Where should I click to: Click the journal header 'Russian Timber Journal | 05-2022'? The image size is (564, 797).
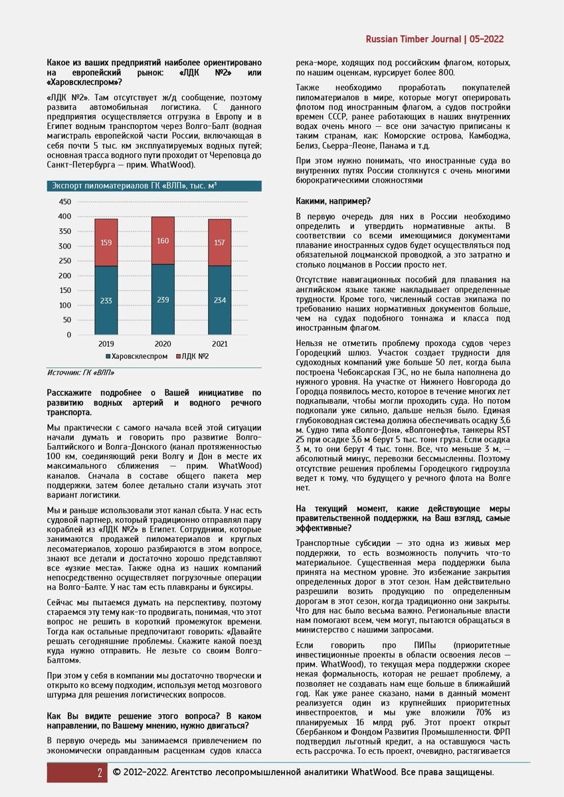434,39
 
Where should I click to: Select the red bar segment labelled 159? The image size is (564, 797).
106,242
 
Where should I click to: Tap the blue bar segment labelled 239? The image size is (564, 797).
163,300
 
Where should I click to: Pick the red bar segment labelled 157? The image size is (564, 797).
220,242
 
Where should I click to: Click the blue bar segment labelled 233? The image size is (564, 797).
106,300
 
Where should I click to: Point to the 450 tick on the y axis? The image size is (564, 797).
64,202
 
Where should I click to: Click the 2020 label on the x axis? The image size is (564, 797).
163,345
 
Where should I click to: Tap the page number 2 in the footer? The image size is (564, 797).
100,772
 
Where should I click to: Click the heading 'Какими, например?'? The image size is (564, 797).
334,201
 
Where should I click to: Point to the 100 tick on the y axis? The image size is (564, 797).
64,306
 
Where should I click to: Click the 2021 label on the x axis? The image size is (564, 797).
220,345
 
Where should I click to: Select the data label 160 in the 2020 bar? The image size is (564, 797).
163,241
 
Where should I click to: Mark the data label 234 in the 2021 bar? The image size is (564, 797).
220,300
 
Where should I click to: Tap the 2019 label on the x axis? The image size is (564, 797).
106,345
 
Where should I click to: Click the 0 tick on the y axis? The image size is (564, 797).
68,335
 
